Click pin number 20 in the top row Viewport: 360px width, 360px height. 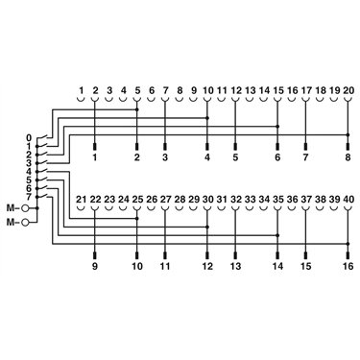(348, 90)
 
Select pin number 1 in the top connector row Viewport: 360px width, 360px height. (82, 90)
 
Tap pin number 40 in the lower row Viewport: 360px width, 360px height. (348, 200)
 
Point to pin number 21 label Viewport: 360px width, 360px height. (82, 200)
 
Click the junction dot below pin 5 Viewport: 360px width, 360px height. (137, 109)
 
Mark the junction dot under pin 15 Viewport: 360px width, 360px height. (277, 127)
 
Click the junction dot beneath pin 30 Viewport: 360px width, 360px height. (207, 227)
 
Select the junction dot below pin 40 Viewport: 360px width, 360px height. (348, 244)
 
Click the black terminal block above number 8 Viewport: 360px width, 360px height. (348, 147)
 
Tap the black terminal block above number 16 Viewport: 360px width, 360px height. (348, 255)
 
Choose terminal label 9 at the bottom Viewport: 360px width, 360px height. (95, 266)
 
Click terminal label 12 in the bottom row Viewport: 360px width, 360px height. (207, 266)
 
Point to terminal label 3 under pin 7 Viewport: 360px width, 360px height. (165, 157)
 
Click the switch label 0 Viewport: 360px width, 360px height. (29, 138)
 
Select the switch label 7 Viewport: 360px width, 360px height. (29, 196)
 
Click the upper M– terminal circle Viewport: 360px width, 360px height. (24, 208)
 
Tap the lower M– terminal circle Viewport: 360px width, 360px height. (24, 222)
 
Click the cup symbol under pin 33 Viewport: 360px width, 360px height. (250, 209)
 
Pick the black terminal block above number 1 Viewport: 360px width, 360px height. (95, 147)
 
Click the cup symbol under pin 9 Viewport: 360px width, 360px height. (193, 100)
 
